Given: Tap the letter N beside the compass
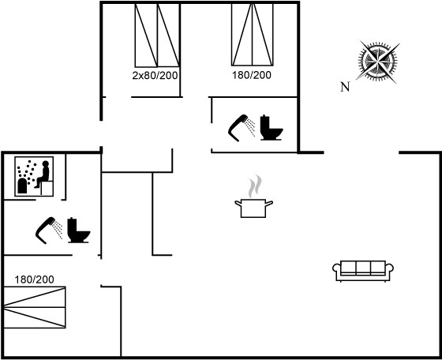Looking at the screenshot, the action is pos(345,87).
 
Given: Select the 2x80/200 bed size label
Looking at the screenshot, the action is pos(155,75).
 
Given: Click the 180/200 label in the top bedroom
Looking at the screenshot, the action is pos(252,75).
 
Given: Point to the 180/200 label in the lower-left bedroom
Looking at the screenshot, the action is pos(34,279).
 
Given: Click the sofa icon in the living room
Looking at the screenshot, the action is pos(363,271).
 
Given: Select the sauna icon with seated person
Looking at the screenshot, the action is pos(34,177).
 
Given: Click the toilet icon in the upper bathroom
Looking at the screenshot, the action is pos(272,128).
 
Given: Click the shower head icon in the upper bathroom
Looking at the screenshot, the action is pos(242,128).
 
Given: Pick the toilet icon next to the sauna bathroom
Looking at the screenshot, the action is pos(79,231).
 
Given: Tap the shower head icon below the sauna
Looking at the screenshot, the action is pos(49,231).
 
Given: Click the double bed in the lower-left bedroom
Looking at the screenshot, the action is pos(35,307).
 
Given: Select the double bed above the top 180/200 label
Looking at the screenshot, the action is pos(253,35).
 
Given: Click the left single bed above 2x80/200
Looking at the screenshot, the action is pos(146,36).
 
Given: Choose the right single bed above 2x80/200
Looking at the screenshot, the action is pos(168,36).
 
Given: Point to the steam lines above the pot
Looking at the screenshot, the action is pos(255,186).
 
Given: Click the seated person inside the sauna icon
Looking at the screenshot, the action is pos(43,174).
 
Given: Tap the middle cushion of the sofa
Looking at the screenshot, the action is pos(363,268).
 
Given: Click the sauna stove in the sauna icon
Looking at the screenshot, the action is pos(22,186).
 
